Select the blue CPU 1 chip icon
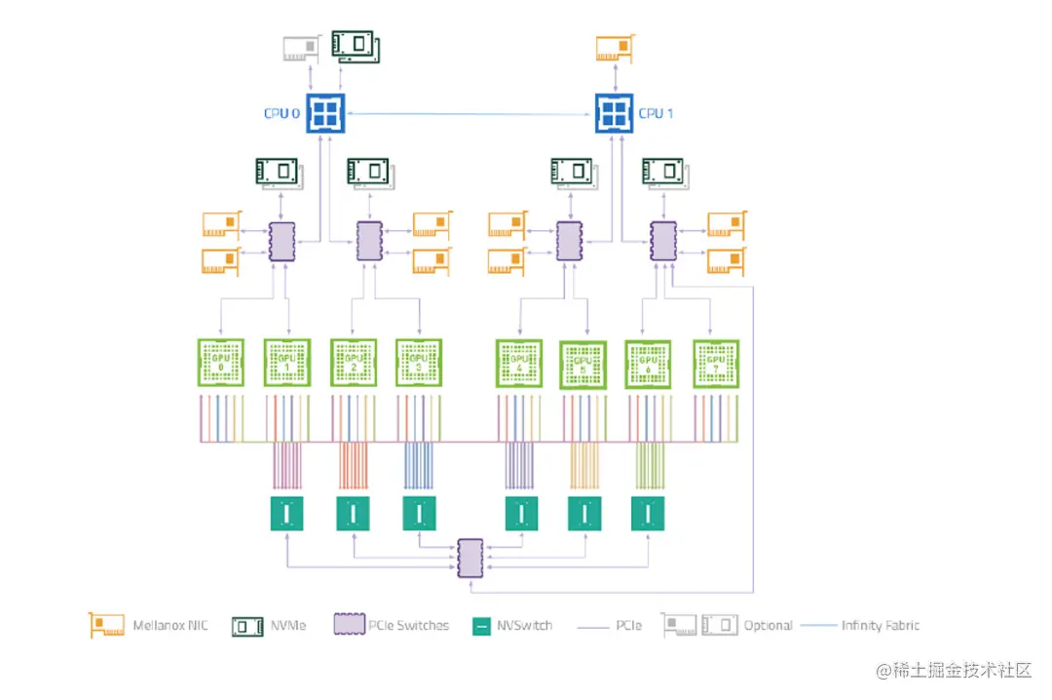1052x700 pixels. click(x=615, y=114)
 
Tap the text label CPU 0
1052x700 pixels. click(x=282, y=114)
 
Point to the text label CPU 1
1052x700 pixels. click(x=657, y=114)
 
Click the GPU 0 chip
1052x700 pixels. click(x=220, y=363)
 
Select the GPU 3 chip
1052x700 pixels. click(x=419, y=363)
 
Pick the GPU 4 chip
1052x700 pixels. click(x=518, y=364)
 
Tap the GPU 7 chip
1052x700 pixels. click(x=716, y=364)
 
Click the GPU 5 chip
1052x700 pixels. click(x=583, y=366)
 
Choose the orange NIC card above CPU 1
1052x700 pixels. click(x=616, y=48)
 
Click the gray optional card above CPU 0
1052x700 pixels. click(x=301, y=50)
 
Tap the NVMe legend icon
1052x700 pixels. click(x=247, y=625)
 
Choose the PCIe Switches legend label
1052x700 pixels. click(x=409, y=625)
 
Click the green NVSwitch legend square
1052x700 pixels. click(x=479, y=626)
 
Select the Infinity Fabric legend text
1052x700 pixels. click(x=881, y=625)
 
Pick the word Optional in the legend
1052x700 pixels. click(x=768, y=625)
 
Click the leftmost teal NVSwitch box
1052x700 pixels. click(x=286, y=514)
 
